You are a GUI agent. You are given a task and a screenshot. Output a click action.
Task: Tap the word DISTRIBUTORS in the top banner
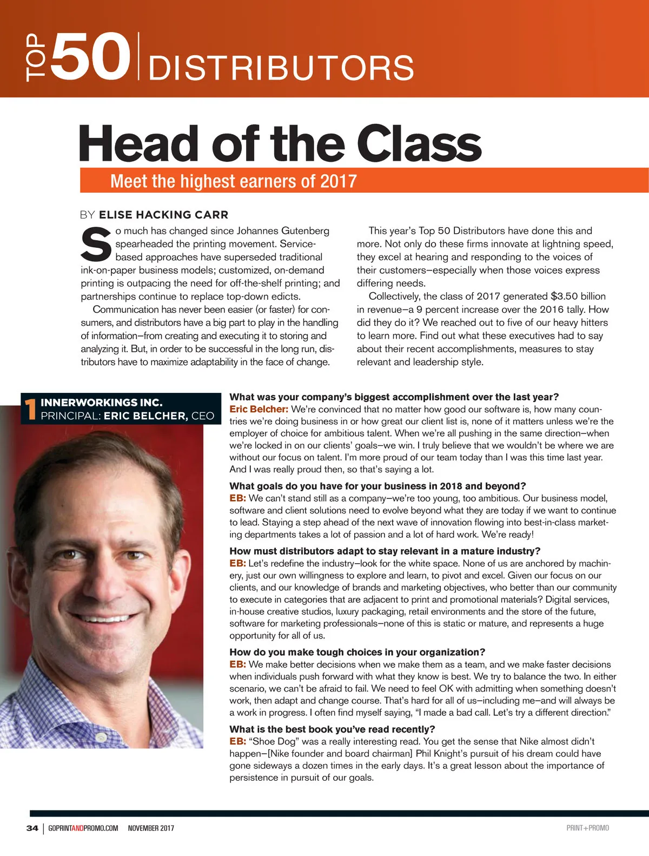[281, 68]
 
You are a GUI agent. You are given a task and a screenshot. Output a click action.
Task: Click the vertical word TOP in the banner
[34, 57]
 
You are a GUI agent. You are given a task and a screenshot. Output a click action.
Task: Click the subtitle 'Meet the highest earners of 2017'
[233, 181]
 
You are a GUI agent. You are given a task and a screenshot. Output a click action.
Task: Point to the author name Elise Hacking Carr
[163, 215]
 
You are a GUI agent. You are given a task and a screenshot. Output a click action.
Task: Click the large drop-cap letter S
[96, 244]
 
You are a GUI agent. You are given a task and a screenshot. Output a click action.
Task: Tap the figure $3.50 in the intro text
[564, 296]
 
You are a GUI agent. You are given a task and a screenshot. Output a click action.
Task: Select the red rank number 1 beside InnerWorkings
[30, 409]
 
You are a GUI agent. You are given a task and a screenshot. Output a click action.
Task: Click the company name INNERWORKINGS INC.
[102, 403]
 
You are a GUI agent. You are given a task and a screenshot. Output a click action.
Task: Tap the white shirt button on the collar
[101, 736]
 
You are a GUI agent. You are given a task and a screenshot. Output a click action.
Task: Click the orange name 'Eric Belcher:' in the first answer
[259, 409]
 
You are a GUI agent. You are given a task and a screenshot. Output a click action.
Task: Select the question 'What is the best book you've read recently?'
[332, 729]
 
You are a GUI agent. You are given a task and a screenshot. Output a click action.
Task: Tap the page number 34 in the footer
[32, 828]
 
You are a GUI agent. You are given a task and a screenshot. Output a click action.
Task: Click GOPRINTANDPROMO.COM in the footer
[83, 828]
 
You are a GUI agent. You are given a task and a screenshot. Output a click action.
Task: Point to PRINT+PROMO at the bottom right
[587, 828]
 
